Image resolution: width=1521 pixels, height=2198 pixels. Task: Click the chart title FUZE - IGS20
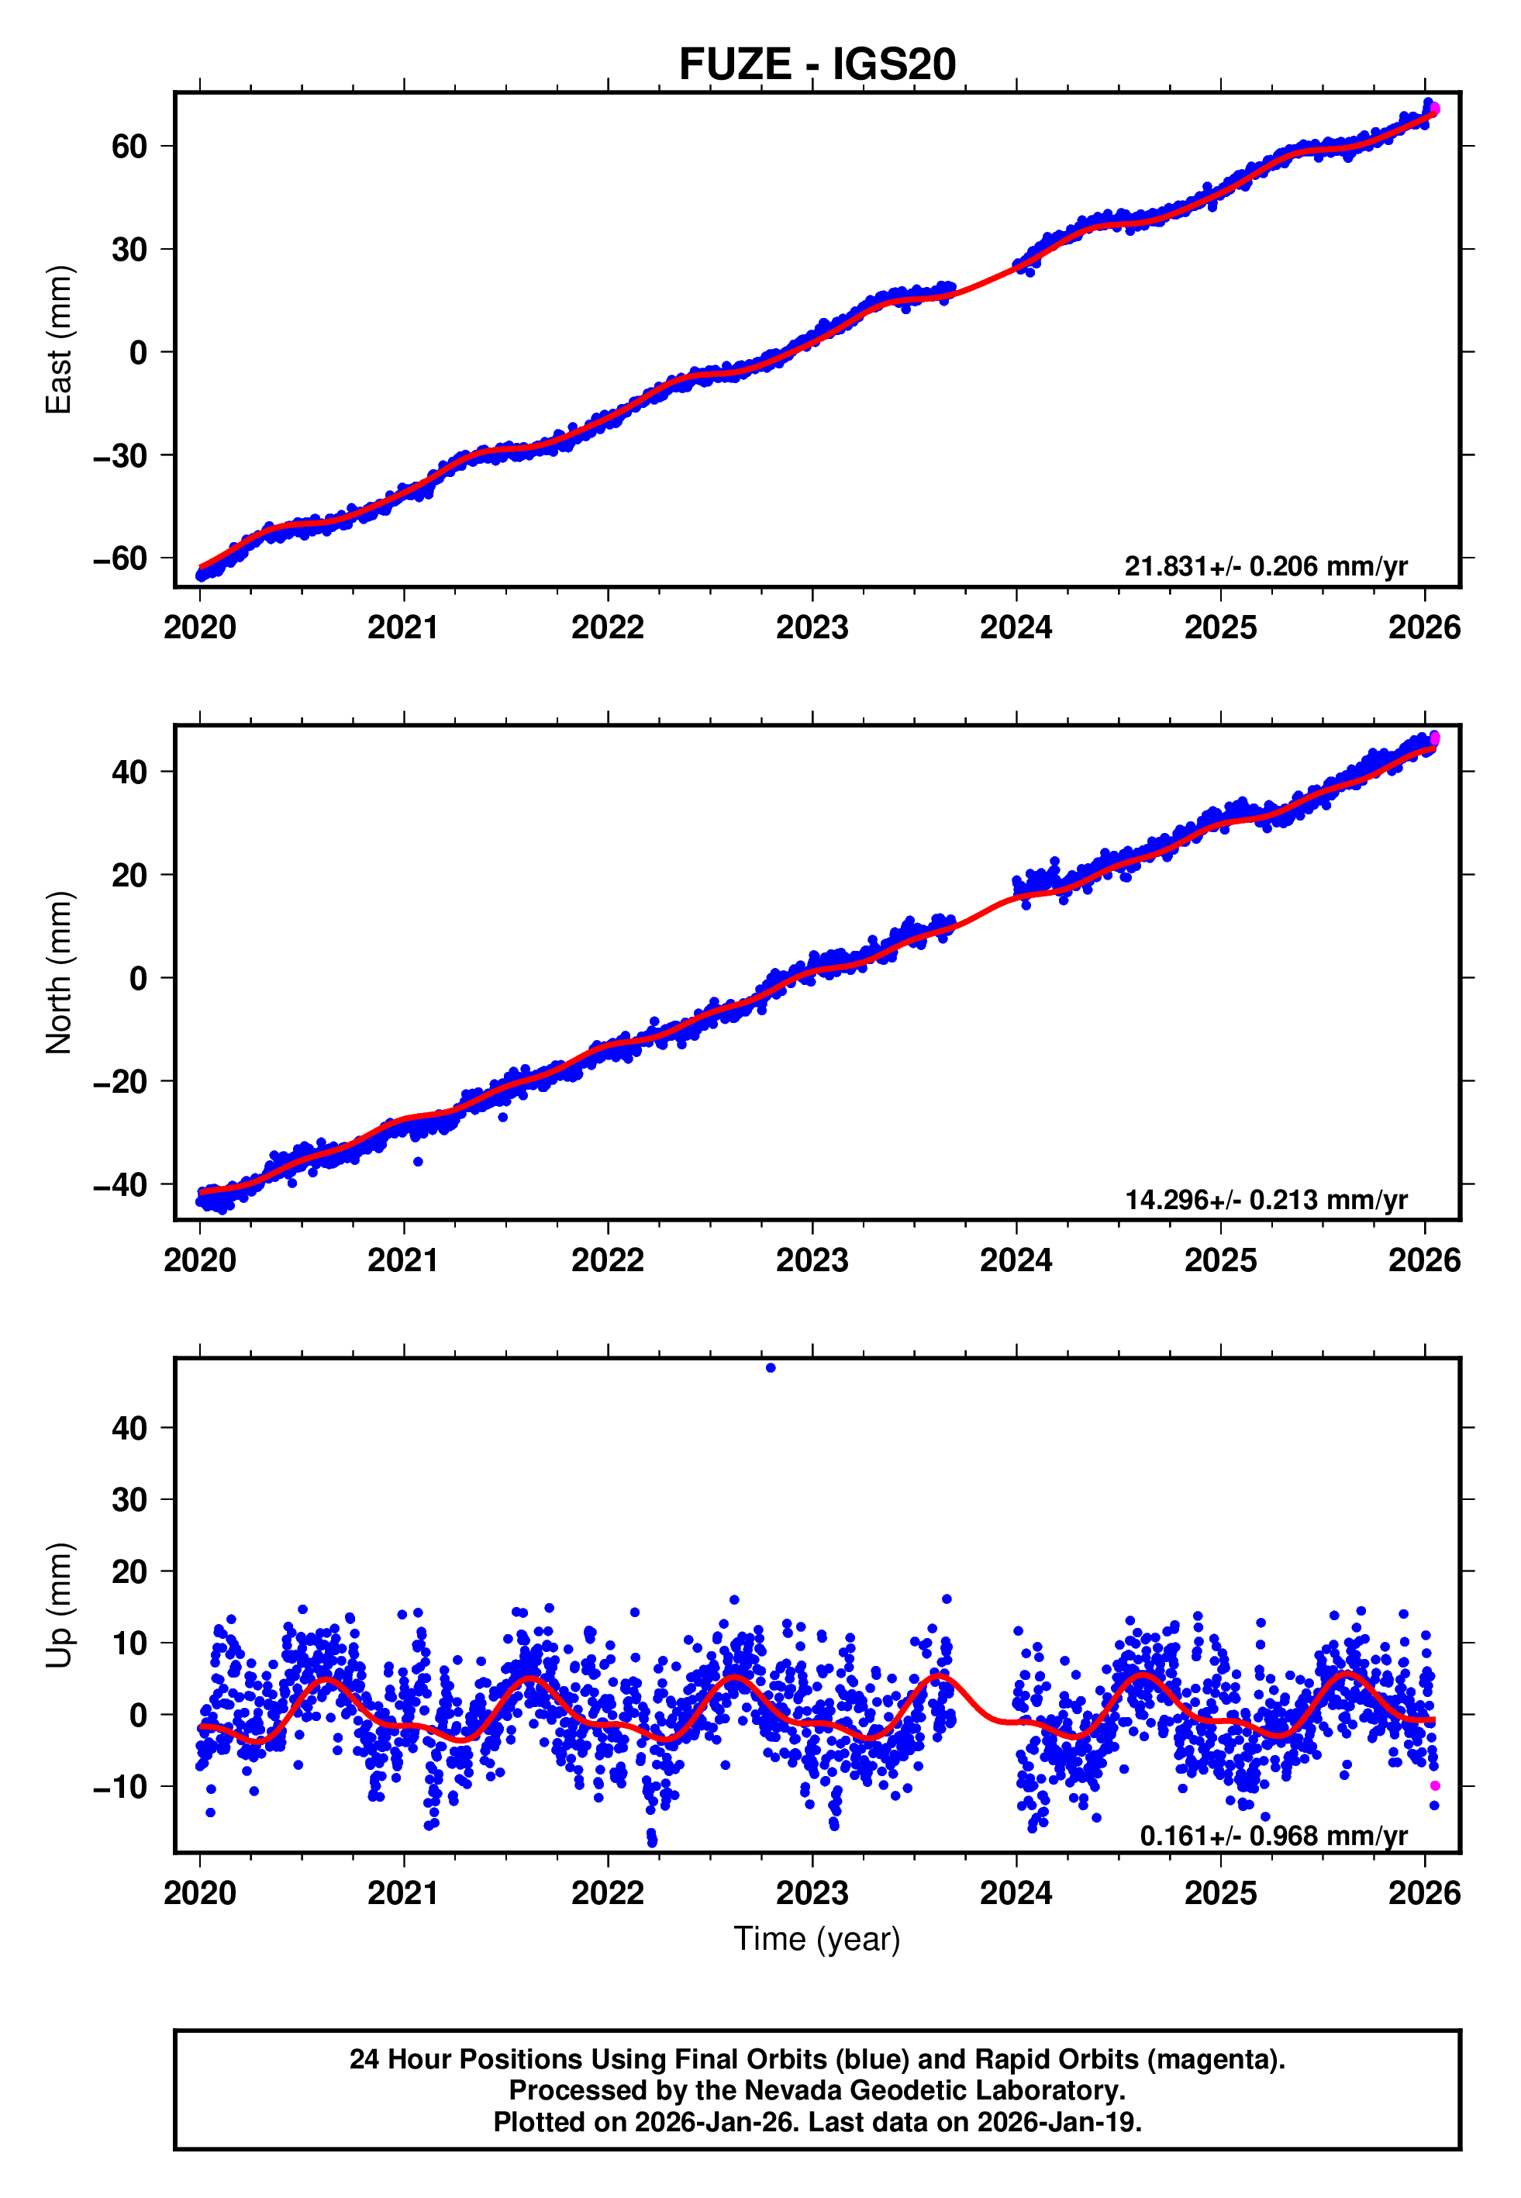point(817,65)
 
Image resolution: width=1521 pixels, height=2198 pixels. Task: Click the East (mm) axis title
point(59,340)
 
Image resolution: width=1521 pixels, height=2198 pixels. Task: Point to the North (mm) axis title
point(59,973)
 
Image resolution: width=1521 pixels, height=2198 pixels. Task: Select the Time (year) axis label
point(817,1939)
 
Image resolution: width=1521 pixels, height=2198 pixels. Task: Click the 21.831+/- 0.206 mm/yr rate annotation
point(1266,566)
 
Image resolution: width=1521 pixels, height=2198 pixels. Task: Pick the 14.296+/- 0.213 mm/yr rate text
point(1266,1199)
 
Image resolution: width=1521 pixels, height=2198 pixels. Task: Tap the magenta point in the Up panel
point(1435,1785)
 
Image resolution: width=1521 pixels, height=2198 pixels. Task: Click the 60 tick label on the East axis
point(129,147)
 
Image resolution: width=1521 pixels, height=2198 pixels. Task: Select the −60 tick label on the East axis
point(120,558)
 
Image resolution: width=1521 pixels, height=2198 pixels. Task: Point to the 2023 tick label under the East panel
point(812,627)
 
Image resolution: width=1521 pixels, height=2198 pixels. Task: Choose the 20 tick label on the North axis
point(129,875)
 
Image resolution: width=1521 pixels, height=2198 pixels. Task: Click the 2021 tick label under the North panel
point(403,1260)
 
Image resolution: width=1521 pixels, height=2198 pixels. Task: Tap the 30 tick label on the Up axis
point(129,1499)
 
